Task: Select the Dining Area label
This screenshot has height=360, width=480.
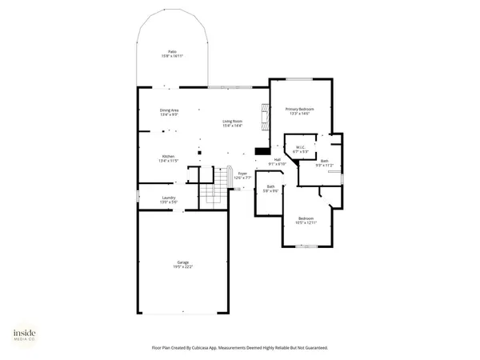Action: (x=169, y=112)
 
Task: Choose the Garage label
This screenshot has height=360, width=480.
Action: (x=183, y=264)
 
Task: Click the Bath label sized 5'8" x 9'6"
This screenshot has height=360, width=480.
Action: (x=271, y=189)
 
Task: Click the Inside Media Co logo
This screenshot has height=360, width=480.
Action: (x=23, y=336)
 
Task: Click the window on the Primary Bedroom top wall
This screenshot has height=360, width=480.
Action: (x=299, y=78)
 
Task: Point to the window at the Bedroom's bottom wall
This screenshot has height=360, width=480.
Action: (x=306, y=246)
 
